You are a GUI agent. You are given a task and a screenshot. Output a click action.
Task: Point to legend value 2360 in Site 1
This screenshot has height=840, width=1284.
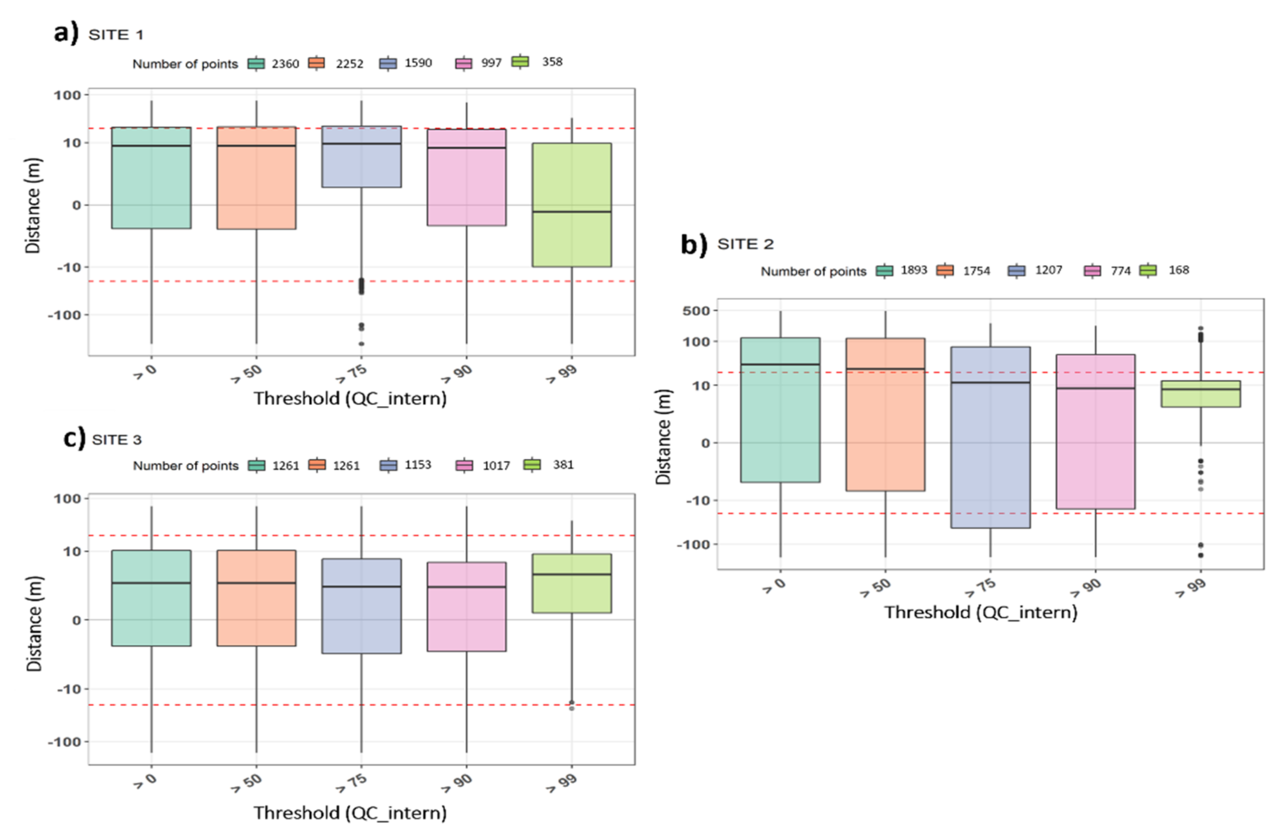tap(285, 64)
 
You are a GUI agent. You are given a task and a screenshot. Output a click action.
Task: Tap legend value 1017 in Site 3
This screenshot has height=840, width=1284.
tap(496, 465)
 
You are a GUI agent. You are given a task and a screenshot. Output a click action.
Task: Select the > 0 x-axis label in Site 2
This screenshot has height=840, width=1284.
tap(774, 586)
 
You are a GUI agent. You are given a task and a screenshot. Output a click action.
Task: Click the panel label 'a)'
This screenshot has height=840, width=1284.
tap(66, 34)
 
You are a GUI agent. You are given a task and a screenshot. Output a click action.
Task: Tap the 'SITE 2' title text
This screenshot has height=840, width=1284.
tap(745, 244)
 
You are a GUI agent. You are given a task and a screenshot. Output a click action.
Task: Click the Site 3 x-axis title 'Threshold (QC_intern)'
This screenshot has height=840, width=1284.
tap(350, 813)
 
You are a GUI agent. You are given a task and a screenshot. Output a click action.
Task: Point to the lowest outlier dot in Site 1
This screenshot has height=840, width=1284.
tap(362, 344)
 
